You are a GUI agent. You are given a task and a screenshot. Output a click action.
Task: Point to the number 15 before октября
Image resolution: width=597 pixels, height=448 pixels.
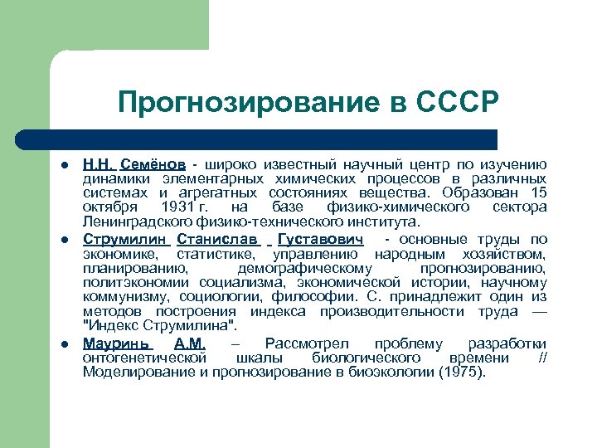tap(539, 192)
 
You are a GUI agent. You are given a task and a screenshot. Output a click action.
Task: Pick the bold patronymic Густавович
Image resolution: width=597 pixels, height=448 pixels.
tap(320, 240)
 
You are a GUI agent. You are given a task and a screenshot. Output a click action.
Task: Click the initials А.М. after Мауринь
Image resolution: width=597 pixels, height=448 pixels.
tap(190, 343)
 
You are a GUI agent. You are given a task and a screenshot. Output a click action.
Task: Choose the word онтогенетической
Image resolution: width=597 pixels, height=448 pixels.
tap(143, 358)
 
